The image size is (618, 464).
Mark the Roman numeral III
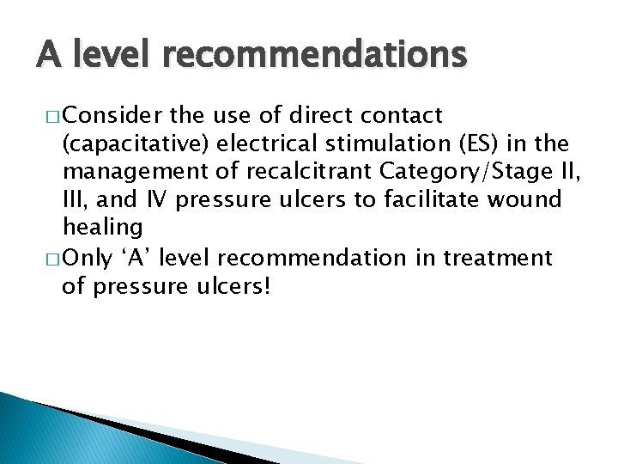(x=75, y=199)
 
